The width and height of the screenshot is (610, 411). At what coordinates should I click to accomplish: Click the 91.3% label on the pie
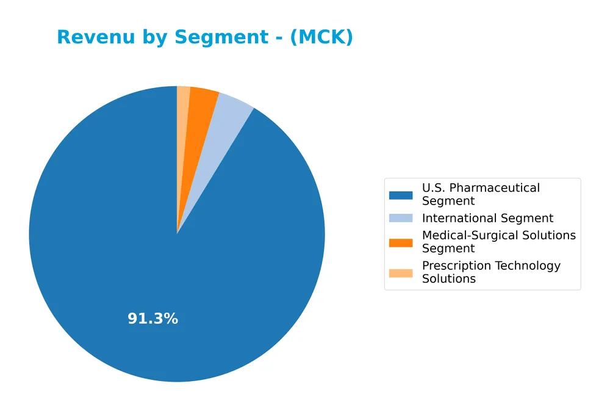(152, 319)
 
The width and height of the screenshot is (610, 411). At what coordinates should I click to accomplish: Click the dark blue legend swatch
(401, 195)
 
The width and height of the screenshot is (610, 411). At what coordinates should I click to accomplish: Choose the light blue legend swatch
(401, 219)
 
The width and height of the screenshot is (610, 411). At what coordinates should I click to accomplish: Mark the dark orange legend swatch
(401, 242)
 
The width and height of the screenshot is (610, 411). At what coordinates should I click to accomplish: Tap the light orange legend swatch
(401, 272)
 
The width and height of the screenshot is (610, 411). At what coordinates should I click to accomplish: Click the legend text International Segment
(487, 219)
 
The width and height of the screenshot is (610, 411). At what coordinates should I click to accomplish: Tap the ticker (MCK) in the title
(321, 37)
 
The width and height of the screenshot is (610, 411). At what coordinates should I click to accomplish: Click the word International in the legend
(459, 219)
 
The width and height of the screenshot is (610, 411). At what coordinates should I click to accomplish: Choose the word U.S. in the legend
(434, 188)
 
